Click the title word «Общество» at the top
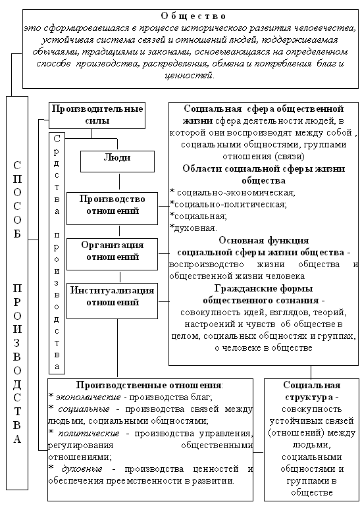(x=193, y=16)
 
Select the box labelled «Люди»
(x=117, y=161)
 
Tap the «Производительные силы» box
(x=97, y=116)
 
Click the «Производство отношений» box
(x=112, y=209)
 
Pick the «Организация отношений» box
(x=112, y=254)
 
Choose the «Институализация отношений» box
(x=112, y=301)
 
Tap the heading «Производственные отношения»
(x=149, y=385)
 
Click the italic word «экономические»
(x=88, y=397)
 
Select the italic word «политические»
(x=88, y=433)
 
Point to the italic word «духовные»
(x=82, y=469)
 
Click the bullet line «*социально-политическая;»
(x=228, y=205)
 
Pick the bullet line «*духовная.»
(x=193, y=228)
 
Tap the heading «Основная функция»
(x=264, y=240)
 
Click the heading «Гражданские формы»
(x=263, y=288)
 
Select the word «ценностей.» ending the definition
(x=190, y=76)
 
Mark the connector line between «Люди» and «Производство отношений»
(x=120, y=182)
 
